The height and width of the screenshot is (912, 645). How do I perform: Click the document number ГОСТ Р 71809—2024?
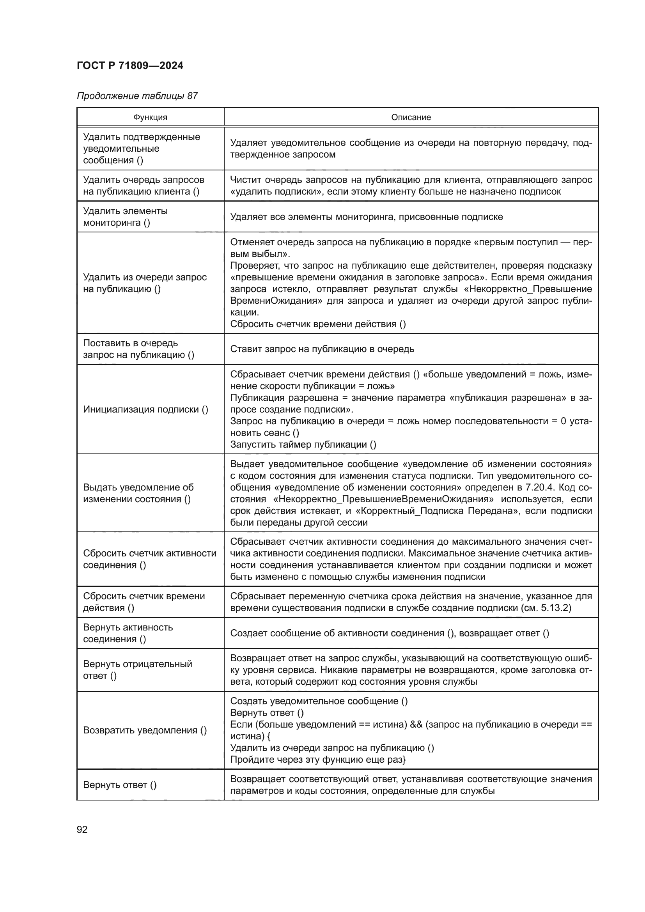pos(130,66)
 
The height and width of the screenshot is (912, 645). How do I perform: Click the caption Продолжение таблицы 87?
pos(137,96)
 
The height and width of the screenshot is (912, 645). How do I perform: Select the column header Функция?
pos(150,117)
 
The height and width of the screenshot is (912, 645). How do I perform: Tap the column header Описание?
pos(411,117)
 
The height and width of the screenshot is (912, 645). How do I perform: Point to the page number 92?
pos(82,829)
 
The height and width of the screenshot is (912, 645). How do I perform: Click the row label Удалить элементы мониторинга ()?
pos(125,216)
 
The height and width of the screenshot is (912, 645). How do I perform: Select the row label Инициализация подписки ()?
pos(145,409)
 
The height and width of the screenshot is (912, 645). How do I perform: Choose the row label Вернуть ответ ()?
pos(120,784)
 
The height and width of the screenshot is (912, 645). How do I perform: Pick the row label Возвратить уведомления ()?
pos(145,730)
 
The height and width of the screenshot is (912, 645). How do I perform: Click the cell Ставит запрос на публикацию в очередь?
pos(322,349)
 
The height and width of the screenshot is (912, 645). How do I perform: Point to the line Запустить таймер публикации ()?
pos(303,444)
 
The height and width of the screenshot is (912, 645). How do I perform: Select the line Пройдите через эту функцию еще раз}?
pos(318,760)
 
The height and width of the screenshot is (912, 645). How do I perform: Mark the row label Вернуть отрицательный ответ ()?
pos(137,670)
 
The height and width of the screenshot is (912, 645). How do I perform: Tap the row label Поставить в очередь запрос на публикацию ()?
pos(138,349)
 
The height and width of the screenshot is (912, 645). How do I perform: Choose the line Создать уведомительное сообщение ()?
pos(319,701)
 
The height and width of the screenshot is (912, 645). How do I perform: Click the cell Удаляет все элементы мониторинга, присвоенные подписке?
pos(366,216)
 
